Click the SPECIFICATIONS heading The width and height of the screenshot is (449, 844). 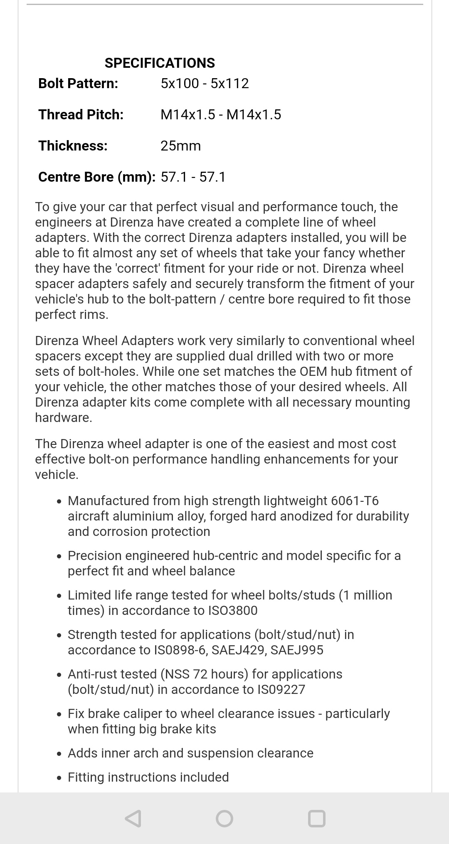coord(160,63)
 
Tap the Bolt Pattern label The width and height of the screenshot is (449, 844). coord(78,84)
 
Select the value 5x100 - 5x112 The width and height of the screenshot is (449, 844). coord(205,84)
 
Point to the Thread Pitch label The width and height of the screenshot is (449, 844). coord(81,115)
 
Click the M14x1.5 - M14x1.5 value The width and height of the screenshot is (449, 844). coord(221,115)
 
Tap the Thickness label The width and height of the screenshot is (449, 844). coord(73,146)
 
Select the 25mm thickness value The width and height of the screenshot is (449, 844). coord(180,146)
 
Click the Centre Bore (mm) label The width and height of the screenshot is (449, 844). coord(97,177)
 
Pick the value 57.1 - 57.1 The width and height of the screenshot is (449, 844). coord(193,177)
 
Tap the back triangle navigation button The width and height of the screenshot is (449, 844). coord(133,819)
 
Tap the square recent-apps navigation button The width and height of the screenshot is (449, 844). coord(316,819)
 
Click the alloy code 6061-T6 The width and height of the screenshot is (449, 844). coord(355,501)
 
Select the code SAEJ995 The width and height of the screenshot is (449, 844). coord(297,650)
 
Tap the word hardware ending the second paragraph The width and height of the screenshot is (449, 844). coord(63,418)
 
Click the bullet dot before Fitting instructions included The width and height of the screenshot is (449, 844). coord(60,778)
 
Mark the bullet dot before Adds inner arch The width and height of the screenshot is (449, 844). coord(60,754)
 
